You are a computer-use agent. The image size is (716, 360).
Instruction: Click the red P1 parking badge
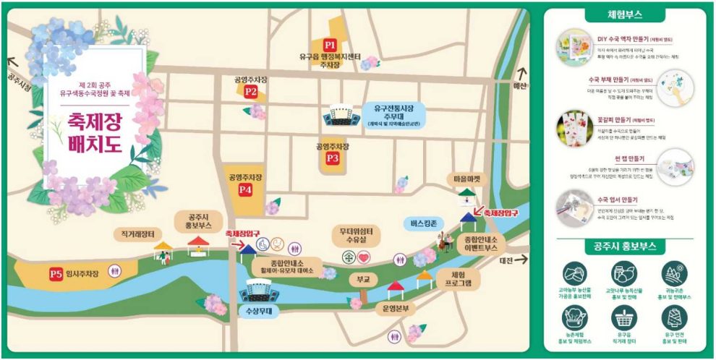[330, 45]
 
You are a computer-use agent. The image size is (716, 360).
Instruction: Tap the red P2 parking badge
[251, 92]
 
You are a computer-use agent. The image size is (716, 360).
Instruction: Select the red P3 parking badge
[333, 158]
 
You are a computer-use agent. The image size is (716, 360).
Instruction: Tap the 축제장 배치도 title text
[93, 136]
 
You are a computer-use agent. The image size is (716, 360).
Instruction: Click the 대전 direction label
[506, 260]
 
